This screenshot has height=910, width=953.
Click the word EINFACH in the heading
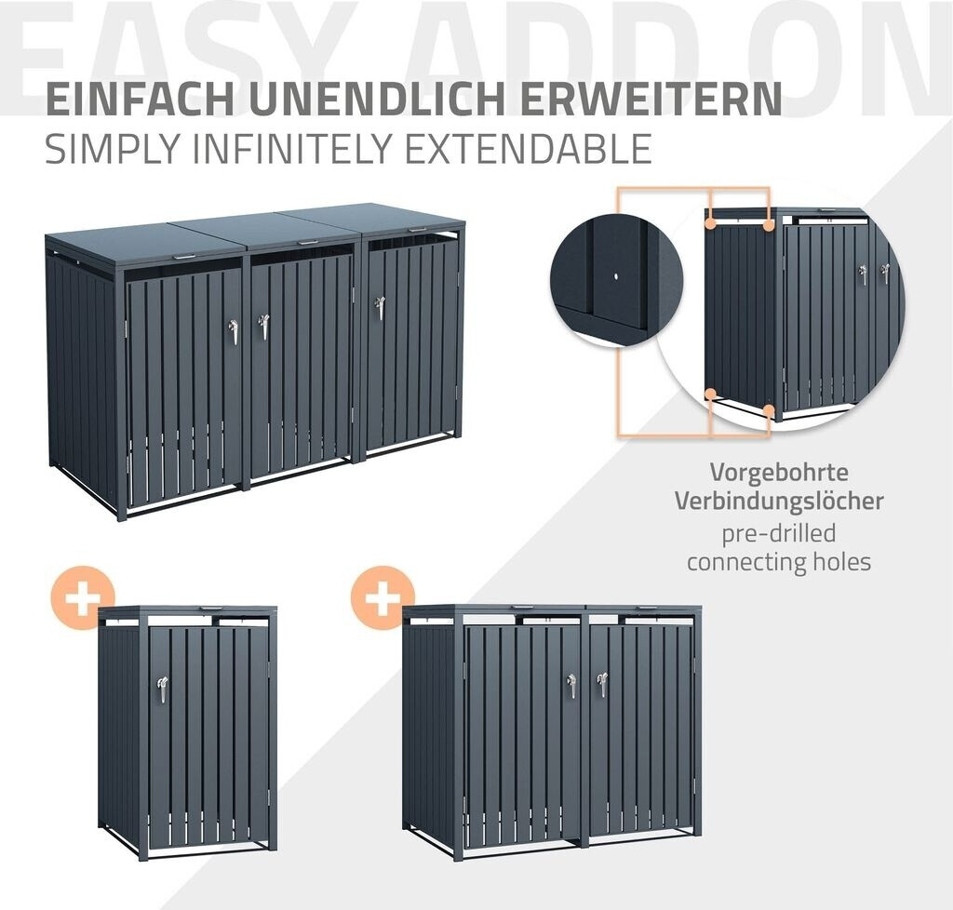(140, 99)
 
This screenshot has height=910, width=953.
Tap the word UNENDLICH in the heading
(377, 99)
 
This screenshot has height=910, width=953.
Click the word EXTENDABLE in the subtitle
(529, 148)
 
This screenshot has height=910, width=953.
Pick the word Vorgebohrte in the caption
(779, 472)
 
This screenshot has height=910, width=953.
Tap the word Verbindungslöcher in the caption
(779, 502)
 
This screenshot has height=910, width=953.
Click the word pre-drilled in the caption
(779, 533)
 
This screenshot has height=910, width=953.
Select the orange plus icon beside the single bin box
(82, 597)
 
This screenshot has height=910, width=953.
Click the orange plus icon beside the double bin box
(383, 597)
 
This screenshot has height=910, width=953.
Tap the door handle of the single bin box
(162, 689)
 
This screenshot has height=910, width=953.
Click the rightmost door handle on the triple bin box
(380, 308)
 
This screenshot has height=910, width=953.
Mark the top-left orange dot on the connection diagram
(709, 224)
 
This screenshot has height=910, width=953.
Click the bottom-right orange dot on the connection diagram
(769, 410)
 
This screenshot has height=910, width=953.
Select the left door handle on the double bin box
(571, 686)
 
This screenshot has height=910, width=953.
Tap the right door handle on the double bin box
(602, 685)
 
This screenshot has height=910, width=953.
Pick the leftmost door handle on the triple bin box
(233, 332)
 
